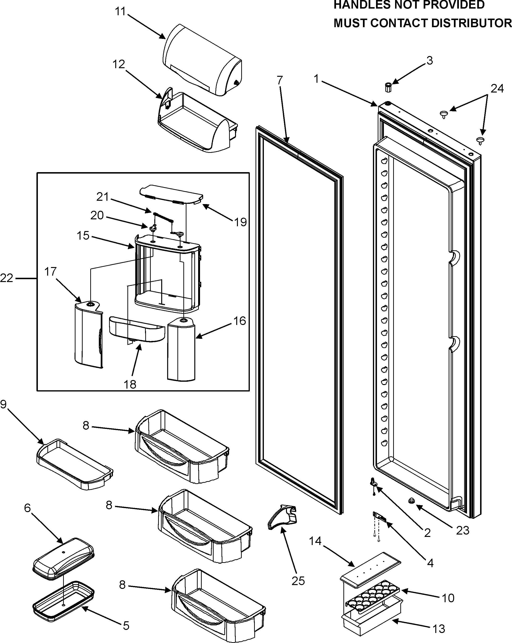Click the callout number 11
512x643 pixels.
click(x=120, y=12)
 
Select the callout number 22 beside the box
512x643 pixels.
click(x=7, y=278)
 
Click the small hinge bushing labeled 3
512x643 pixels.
click(x=388, y=88)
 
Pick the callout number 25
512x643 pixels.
click(x=298, y=581)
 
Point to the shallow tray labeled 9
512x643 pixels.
click(x=75, y=464)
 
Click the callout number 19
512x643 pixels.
click(x=240, y=222)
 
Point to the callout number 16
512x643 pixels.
click(x=240, y=321)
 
